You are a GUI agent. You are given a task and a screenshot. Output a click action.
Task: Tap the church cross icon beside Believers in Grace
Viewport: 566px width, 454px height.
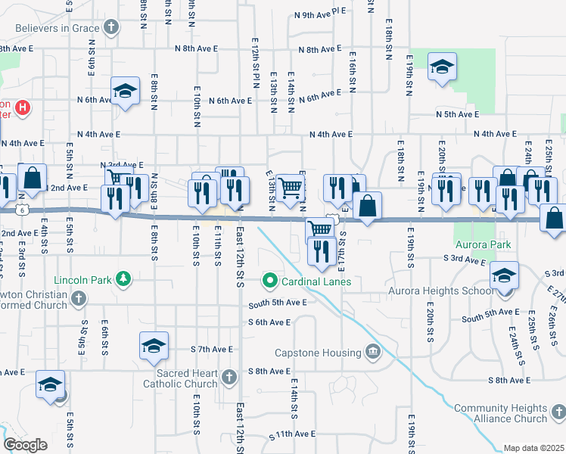[x=111, y=29]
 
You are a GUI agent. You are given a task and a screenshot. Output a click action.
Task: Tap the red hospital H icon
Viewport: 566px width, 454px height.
[x=23, y=107]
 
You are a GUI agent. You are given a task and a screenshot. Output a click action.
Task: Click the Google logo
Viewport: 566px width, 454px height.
[x=26, y=445]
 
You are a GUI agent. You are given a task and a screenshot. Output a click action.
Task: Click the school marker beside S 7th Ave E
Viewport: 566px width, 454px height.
[x=154, y=346]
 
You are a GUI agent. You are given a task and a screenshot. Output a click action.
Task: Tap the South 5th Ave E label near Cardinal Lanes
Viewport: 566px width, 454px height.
[x=278, y=302]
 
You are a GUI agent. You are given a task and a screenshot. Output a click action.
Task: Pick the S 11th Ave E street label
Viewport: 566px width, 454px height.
[x=292, y=434]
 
